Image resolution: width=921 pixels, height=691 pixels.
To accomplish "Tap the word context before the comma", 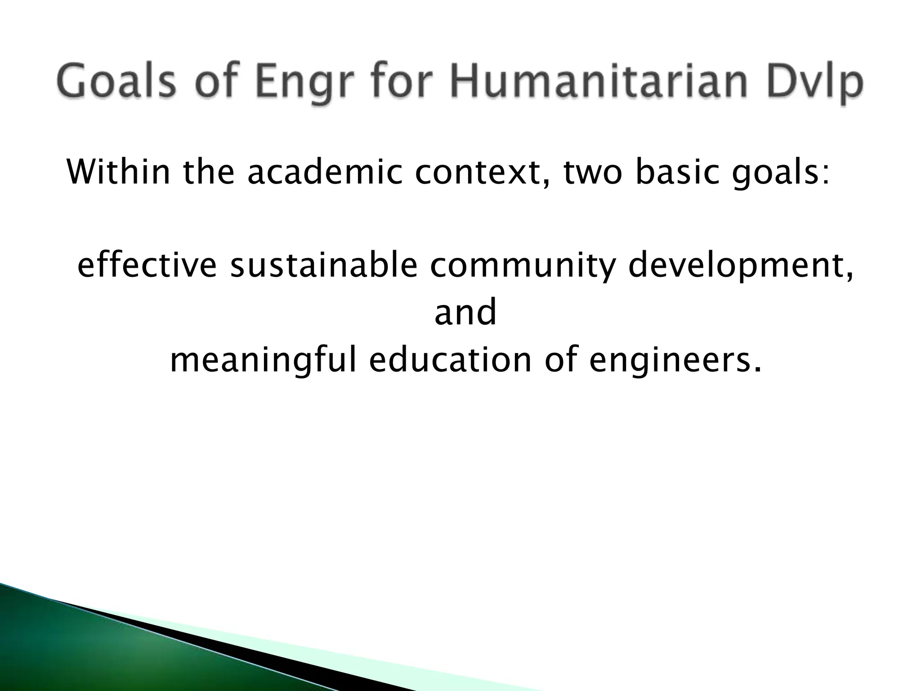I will point(477,172).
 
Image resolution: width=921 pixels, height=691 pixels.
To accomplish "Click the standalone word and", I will point(465,312).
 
